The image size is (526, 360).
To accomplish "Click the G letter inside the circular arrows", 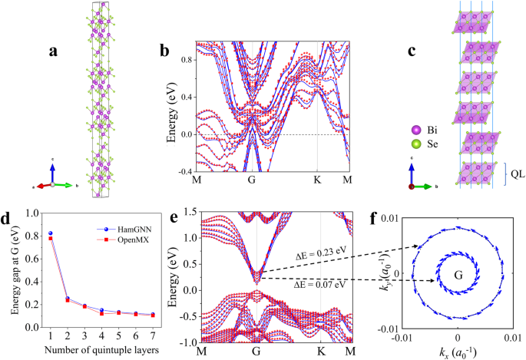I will point(458,274).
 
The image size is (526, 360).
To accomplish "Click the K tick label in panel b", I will point(317,180).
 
